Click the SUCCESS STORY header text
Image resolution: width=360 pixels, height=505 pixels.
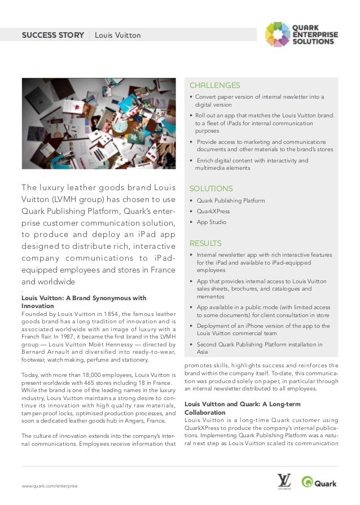pos(53,36)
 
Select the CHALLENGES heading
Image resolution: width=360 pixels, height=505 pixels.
pos(214,86)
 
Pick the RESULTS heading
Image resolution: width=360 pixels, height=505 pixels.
pos(205,243)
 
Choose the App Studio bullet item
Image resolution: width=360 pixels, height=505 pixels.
pos(211,222)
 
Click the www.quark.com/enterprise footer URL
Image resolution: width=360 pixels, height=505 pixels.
pos(50,486)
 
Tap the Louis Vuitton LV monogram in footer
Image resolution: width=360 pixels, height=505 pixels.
pos(284,481)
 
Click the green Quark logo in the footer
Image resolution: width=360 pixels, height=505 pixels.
pos(320,482)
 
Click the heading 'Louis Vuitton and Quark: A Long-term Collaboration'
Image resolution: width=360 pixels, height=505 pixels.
pos(243,409)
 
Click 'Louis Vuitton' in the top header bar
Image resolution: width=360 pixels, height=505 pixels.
pos(117,36)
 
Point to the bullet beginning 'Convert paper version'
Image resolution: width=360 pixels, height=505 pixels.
pos(260,101)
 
